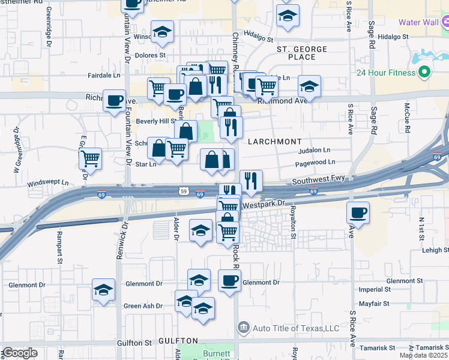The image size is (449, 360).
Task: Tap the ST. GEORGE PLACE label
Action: point(301,53)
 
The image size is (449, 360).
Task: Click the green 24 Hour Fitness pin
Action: point(425,73)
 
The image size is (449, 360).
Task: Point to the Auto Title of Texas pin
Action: point(243,328)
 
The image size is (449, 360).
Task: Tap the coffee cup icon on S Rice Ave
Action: point(358,213)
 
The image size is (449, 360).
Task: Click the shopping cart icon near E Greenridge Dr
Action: point(90,159)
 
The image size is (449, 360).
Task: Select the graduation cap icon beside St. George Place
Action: point(309,87)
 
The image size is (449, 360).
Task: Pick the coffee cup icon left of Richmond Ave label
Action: point(114,101)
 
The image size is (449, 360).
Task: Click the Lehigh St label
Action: point(435,250)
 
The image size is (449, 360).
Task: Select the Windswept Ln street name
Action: point(48,182)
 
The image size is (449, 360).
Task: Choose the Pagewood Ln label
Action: point(315,162)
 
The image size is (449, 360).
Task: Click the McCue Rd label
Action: point(406,118)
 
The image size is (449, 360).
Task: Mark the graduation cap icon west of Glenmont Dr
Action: point(103,290)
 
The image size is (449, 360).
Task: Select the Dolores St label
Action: point(150,55)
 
